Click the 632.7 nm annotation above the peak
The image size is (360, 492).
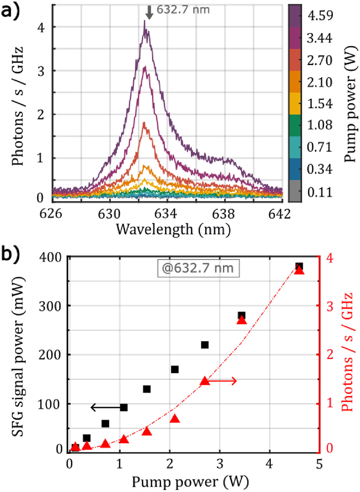[x=183, y=10]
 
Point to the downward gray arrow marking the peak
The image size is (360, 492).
[x=149, y=13]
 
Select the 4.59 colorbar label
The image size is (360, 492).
[x=320, y=15]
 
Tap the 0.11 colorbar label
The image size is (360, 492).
[x=320, y=192]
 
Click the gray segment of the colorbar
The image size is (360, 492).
[x=295, y=191]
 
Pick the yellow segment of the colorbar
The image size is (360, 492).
[x=295, y=103]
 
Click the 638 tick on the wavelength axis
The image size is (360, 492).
[x=223, y=214]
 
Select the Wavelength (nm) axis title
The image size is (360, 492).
[x=173, y=230]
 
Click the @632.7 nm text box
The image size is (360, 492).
[x=198, y=268]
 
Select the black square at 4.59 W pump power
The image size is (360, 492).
[x=299, y=266]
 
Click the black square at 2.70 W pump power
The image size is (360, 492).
[x=205, y=345]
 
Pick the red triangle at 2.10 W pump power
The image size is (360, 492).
[x=175, y=419]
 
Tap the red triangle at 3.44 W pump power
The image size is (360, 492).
[x=241, y=320]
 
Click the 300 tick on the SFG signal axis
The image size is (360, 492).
[x=50, y=306]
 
